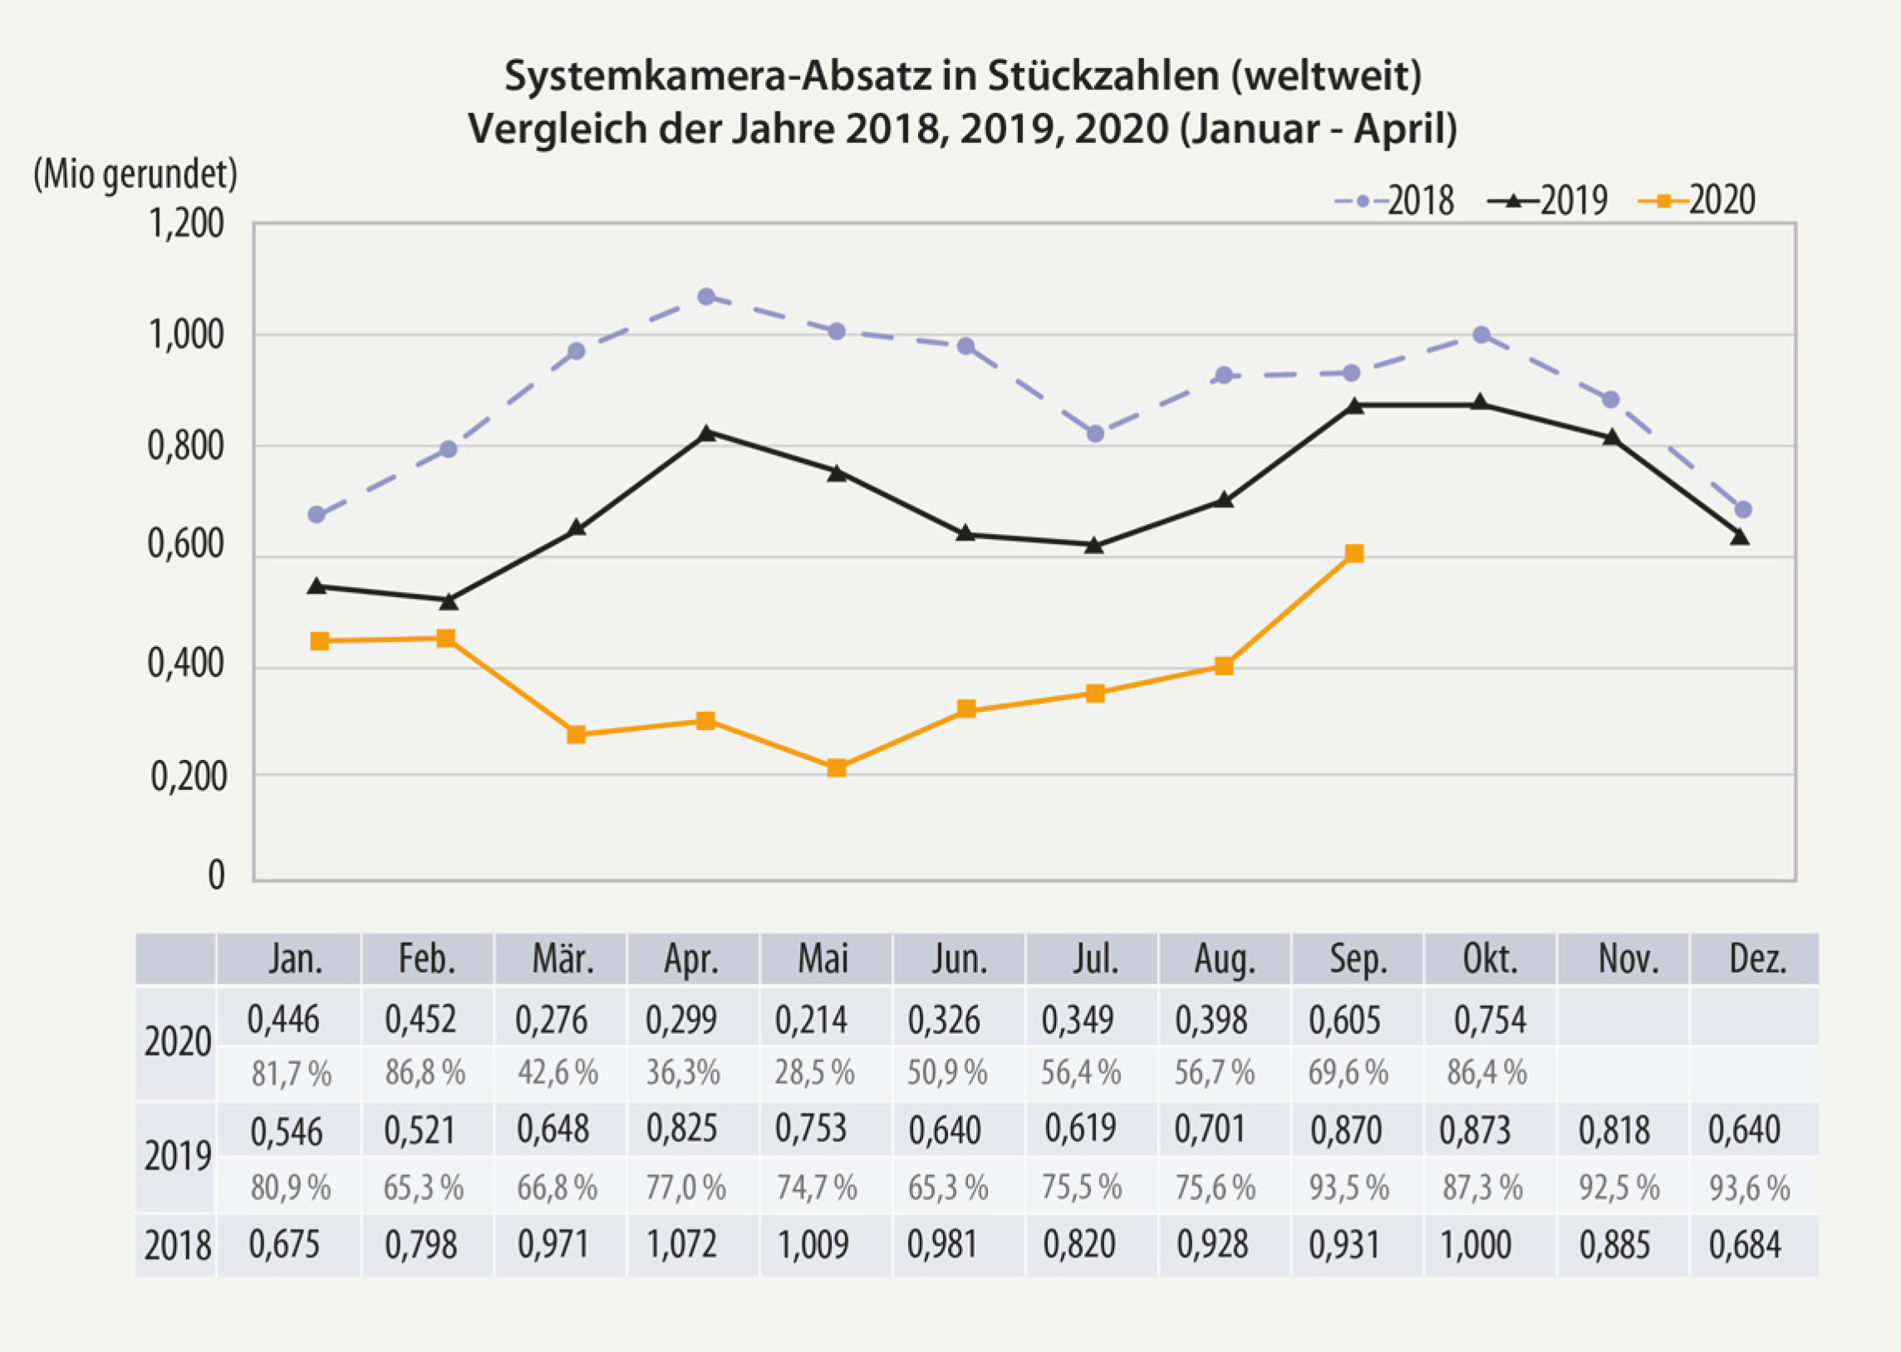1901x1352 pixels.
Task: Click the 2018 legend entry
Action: pyautogui.click(x=1395, y=201)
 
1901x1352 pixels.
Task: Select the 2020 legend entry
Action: pyautogui.click(x=1697, y=201)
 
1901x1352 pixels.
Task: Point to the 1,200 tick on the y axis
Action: pyautogui.click(x=185, y=224)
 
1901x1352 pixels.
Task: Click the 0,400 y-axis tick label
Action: pyautogui.click(x=185, y=664)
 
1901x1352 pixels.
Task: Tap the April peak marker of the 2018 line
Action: pyautogui.click(x=706, y=296)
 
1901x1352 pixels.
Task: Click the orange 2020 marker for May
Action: pyautogui.click(x=837, y=767)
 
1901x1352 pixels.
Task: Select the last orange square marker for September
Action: pyautogui.click(x=1354, y=554)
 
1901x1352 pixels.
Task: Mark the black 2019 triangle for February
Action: pyautogui.click(x=447, y=600)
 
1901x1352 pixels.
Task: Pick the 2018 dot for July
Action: pyautogui.click(x=1095, y=434)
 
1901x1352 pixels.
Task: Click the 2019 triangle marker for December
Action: pyautogui.click(x=1741, y=537)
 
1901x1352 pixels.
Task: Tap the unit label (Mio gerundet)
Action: pyautogui.click(x=135, y=175)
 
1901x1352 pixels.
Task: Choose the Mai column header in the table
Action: pyautogui.click(x=823, y=959)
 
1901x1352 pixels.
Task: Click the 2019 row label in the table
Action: pyautogui.click(x=176, y=1156)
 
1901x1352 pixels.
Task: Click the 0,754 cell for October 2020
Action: pyautogui.click(x=1490, y=1020)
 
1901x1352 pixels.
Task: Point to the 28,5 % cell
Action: pyautogui.click(x=814, y=1073)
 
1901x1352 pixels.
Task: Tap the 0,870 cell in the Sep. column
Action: pyautogui.click(x=1346, y=1130)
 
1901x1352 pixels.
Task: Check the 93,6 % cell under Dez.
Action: pyautogui.click(x=1749, y=1188)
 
